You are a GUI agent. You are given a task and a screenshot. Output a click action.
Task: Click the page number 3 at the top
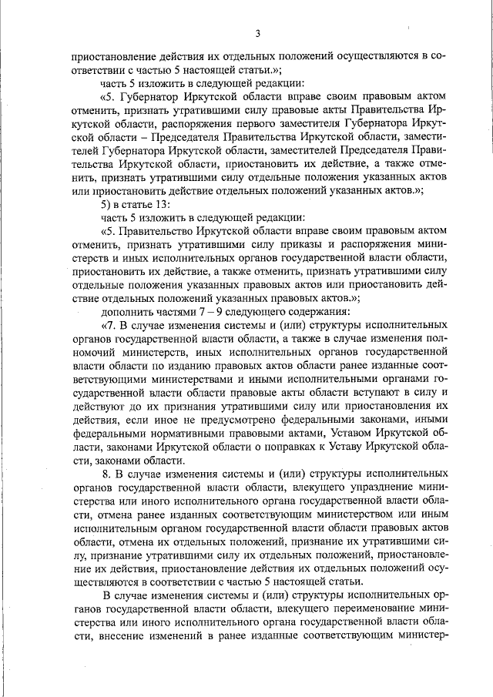click(258, 32)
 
